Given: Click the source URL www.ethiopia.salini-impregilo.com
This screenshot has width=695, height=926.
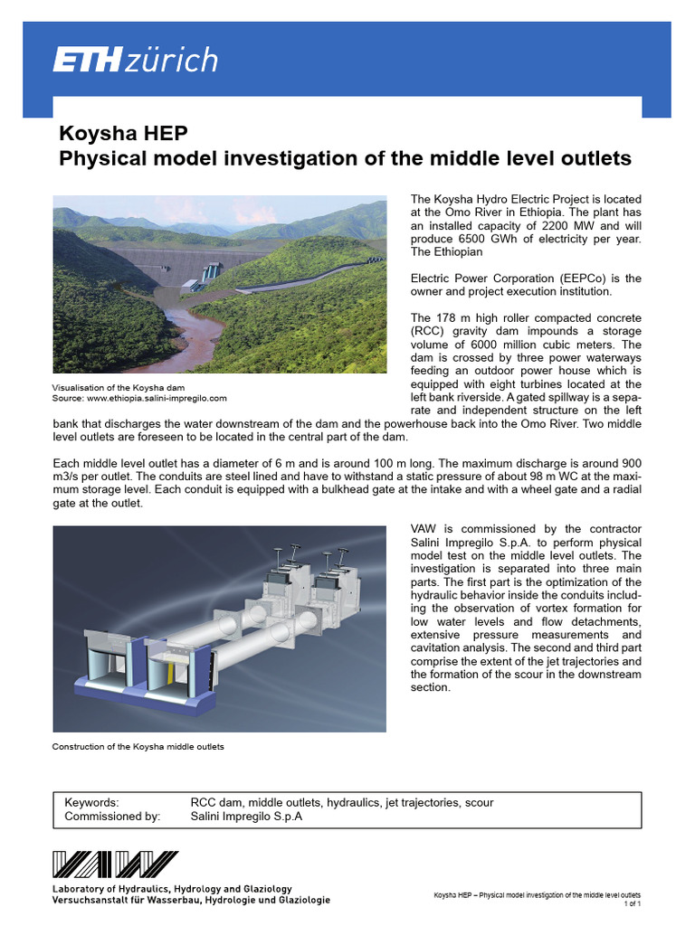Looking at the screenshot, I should point(159,398).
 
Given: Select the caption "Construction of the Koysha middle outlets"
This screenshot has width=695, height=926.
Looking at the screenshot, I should point(138,747).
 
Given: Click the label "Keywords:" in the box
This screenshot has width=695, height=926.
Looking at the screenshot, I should point(92,803).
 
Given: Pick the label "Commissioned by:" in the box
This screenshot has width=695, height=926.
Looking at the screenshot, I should point(112,817).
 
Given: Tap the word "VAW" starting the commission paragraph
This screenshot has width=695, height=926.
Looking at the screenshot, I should point(424,529).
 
